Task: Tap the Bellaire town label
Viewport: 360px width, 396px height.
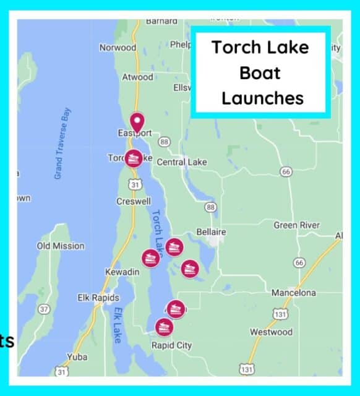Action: coord(210,231)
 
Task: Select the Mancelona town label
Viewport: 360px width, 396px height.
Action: coord(293,292)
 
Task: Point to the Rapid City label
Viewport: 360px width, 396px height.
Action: coord(171,345)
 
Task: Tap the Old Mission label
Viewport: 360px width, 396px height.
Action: coord(61,246)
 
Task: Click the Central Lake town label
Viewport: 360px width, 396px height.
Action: coord(182,162)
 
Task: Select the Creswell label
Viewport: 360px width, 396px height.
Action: coord(134,202)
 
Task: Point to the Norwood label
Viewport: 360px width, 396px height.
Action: coord(118,48)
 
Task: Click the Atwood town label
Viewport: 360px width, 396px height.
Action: coord(137,77)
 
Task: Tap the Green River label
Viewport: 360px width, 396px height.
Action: coord(297,225)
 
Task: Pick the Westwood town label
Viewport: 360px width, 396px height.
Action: coord(271,332)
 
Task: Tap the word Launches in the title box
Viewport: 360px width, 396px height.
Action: coord(262,98)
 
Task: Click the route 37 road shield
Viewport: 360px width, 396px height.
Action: coord(43,308)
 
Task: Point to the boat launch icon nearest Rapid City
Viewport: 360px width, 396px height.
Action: coord(163,327)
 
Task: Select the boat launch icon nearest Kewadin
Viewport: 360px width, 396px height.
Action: coord(150,257)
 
